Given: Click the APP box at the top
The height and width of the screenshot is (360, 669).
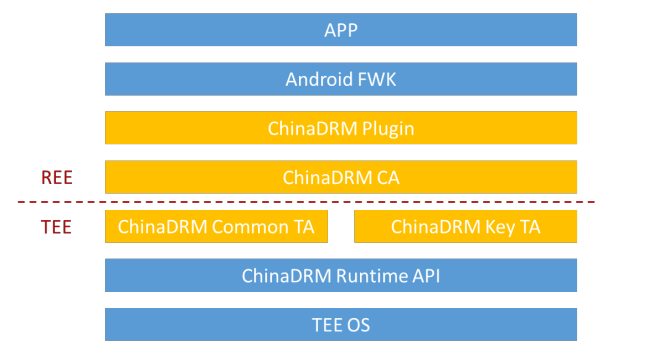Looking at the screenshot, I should click(x=341, y=30).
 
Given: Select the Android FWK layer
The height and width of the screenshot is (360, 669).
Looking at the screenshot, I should click(x=341, y=79).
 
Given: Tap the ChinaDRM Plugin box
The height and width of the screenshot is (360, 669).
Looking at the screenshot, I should click(x=341, y=128).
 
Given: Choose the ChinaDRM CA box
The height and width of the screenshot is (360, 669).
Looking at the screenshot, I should click(x=341, y=177).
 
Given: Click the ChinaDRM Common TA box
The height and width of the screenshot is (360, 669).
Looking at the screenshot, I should click(x=216, y=226).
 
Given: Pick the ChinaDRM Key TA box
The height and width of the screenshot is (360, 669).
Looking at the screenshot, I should click(x=465, y=226).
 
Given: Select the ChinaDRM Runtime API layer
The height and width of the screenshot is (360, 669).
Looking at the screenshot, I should click(x=341, y=275).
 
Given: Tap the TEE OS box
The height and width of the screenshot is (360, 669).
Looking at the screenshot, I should click(x=341, y=324).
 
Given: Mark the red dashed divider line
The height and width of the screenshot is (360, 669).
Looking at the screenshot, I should click(x=300, y=203).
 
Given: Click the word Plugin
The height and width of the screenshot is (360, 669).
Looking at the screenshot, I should click(x=384, y=128).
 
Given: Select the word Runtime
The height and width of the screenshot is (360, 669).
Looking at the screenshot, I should click(x=362, y=275).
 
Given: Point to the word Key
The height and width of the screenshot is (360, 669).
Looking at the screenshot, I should click(x=495, y=226).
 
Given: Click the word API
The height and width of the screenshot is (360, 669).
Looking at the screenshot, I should click(x=423, y=275).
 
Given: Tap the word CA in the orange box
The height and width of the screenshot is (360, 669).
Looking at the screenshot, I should click(x=386, y=177).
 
